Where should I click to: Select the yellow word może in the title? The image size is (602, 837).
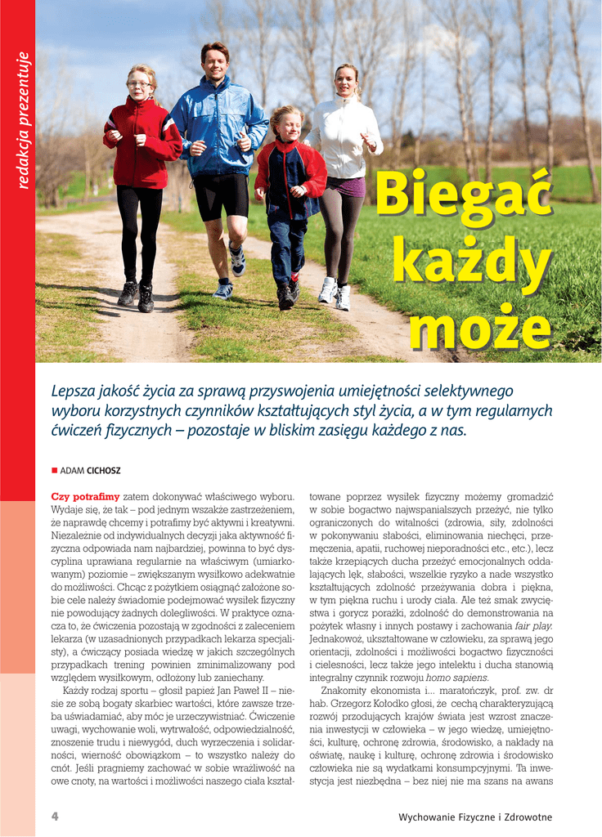tap(480, 329)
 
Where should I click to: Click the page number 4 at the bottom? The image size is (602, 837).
tap(55, 817)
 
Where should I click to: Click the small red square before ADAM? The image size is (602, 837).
tap(54, 471)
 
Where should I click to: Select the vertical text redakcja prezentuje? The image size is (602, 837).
tap(23, 120)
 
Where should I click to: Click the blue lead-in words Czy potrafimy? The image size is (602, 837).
tap(85, 496)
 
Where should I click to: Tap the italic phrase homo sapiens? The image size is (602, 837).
tap(457, 678)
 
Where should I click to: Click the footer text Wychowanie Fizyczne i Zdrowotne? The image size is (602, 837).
tap(475, 817)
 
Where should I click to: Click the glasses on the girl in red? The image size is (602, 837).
tap(139, 84)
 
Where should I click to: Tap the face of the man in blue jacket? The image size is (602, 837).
tap(216, 64)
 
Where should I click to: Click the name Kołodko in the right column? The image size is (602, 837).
tap(417, 704)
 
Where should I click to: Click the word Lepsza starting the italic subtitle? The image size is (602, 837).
tap(73, 392)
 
